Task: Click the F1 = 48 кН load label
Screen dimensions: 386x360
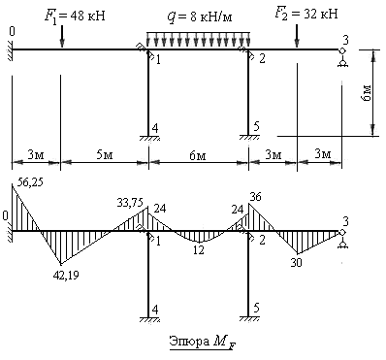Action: (x=75, y=16)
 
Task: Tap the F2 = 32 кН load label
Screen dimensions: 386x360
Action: (x=306, y=15)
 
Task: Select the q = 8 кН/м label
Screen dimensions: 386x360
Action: (x=200, y=16)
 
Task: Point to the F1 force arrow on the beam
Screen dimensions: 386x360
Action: (x=62, y=37)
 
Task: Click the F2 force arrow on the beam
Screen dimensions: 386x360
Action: (x=297, y=35)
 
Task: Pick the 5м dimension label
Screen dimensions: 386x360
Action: (x=104, y=155)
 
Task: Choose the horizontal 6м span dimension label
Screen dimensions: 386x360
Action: (x=198, y=156)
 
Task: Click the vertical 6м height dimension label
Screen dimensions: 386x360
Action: (x=367, y=93)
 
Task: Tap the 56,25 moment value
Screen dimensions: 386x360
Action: (x=29, y=181)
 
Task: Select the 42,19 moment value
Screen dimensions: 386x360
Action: (x=66, y=275)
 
